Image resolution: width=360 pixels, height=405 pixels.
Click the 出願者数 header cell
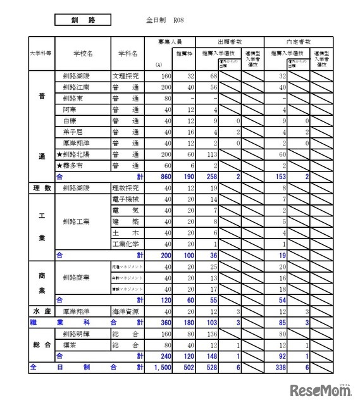(x=228, y=40)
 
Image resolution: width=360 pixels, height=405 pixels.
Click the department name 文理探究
(x=127, y=76)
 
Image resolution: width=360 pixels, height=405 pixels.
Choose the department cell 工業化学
(x=127, y=244)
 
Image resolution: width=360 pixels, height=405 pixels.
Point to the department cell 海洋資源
(x=127, y=311)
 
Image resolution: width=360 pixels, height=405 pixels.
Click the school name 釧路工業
(x=77, y=221)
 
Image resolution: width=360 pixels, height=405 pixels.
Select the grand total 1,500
(x=163, y=367)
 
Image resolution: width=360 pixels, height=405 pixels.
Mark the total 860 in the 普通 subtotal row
(x=165, y=177)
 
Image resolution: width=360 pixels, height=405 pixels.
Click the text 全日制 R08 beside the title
(x=162, y=21)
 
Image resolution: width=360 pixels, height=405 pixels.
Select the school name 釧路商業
(x=77, y=277)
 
